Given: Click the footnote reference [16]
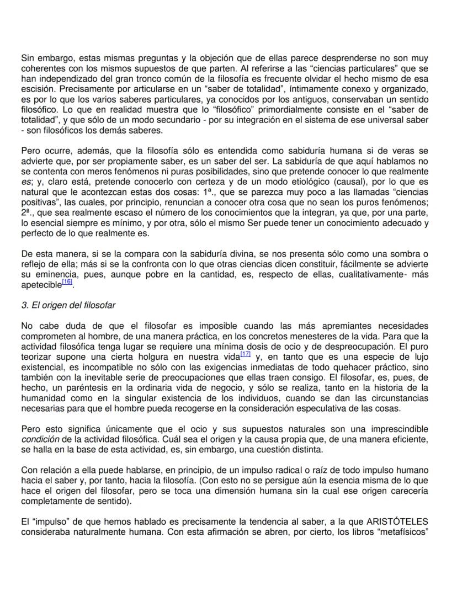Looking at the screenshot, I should [x=67, y=282].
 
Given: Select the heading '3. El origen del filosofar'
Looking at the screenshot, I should [x=68, y=305].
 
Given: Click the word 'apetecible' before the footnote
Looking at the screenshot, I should [x=41, y=285].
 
